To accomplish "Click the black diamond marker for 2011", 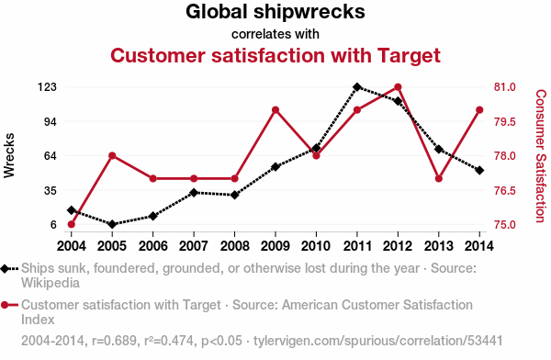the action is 357,87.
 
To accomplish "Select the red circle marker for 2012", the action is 398,87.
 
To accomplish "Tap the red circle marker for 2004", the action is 72,224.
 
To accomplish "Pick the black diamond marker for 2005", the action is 112,224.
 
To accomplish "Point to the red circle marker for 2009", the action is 275,110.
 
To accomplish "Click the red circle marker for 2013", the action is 439,178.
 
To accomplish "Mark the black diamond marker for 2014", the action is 479,170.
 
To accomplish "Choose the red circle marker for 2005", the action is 112,156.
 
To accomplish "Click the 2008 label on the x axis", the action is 234,246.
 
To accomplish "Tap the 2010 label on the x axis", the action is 316,246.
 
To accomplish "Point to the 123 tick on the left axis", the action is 47,87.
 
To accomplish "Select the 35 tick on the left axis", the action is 51,190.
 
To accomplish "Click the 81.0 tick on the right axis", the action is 504,87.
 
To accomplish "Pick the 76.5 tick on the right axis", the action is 504,190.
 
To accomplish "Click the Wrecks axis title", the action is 9,155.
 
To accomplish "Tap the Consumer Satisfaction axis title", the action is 541,156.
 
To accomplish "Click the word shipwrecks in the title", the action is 309,12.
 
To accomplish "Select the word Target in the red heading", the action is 409,56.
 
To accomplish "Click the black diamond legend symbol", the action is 5,269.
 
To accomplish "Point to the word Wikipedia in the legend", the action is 51,283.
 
